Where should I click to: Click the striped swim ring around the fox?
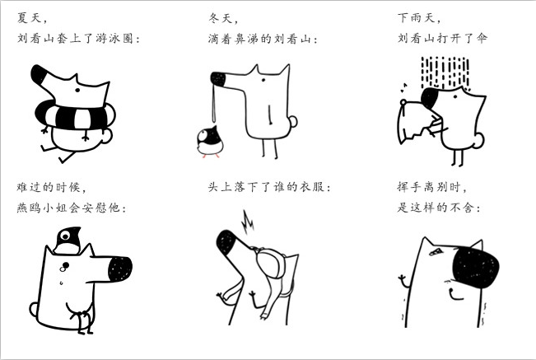(x=75, y=117)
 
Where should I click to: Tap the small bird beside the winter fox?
(x=210, y=142)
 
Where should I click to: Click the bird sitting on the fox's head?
(x=68, y=240)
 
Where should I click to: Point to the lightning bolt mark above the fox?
(x=248, y=222)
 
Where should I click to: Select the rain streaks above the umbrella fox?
(x=445, y=72)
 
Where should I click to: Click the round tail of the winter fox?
(x=292, y=121)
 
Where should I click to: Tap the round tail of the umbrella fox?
(x=479, y=140)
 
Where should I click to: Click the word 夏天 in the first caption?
(x=30, y=18)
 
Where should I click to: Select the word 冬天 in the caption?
(x=221, y=18)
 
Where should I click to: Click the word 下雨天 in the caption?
(x=416, y=18)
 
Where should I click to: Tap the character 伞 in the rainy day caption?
(x=482, y=38)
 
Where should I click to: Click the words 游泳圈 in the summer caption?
(x=114, y=38)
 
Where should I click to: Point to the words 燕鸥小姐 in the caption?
(x=42, y=208)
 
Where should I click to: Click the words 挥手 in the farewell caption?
(x=409, y=187)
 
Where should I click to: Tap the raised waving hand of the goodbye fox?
(x=403, y=281)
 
